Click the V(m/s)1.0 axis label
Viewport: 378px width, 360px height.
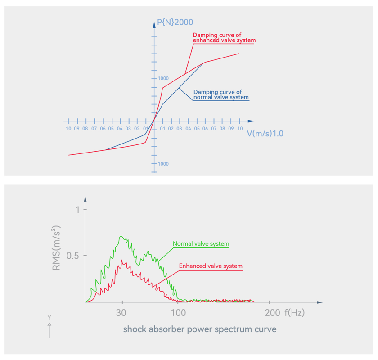coord(265,134)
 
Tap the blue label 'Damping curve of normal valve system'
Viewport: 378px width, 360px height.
coord(220,94)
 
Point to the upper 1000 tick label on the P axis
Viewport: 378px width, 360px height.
coord(163,78)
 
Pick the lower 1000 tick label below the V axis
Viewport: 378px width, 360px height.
coord(163,164)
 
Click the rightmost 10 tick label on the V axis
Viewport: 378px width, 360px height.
coord(240,129)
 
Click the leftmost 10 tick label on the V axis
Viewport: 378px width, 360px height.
coord(68,129)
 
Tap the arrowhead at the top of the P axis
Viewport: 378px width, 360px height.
coord(154,24)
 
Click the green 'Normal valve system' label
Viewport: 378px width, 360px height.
coord(201,244)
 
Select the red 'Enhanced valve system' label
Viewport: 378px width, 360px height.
coord(211,266)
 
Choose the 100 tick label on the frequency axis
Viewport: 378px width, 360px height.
coord(178,313)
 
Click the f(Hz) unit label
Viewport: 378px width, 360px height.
coord(294,313)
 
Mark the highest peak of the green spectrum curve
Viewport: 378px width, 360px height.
coord(121,237)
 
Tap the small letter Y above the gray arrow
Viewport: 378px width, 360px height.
coord(49,318)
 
